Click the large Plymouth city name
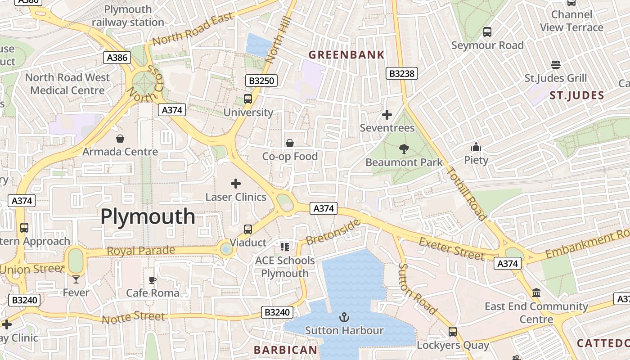tap(148, 217)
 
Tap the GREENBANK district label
tap(346, 55)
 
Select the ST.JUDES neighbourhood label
tap(576, 95)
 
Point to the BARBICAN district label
tap(285, 350)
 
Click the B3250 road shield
tap(261, 81)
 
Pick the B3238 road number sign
tap(402, 73)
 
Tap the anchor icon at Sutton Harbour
tap(344, 317)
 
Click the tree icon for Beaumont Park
tap(404, 149)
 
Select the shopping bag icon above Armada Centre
tap(120, 138)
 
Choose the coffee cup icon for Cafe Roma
tap(153, 280)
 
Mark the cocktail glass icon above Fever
tap(76, 279)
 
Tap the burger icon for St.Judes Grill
tap(556, 65)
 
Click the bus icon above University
tap(248, 99)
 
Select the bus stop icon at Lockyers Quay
tap(453, 332)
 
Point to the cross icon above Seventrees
tap(387, 115)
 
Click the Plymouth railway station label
tap(128, 16)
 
